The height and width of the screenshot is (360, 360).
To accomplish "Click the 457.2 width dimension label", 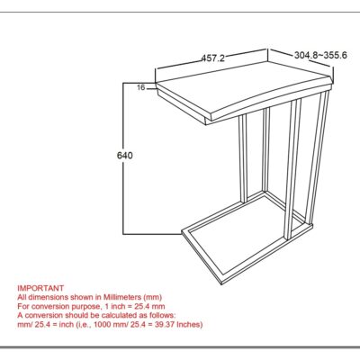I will click(211, 58).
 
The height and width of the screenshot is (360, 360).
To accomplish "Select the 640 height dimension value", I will click(125, 156).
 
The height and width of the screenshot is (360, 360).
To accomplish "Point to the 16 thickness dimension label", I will click(141, 87).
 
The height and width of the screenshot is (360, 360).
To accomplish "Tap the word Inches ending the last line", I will click(186, 325).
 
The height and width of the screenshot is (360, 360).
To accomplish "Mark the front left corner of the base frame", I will click(184, 227).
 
